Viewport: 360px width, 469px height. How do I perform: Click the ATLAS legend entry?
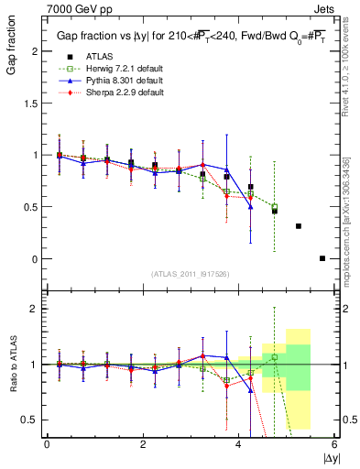(x=99, y=57)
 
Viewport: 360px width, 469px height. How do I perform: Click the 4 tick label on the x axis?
(x=239, y=444)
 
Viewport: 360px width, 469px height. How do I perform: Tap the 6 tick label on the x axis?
(x=334, y=444)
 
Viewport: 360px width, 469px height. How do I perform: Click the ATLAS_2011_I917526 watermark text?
(x=190, y=275)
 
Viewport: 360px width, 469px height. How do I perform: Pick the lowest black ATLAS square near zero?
(x=322, y=258)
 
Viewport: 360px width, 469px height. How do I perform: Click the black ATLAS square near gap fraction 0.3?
(x=299, y=225)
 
